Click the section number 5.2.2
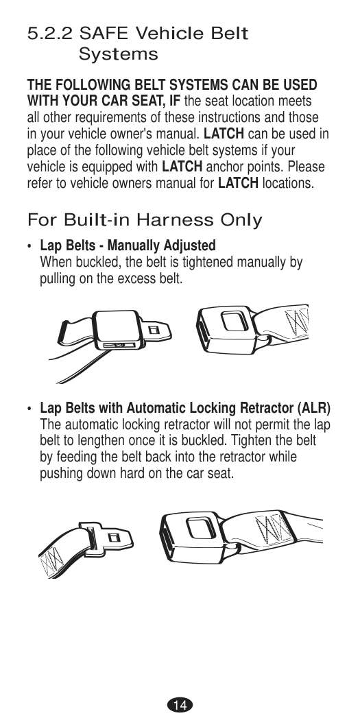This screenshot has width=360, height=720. (x=49, y=34)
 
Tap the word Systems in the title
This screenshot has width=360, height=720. (x=118, y=54)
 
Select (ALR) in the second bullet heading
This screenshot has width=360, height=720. (x=314, y=408)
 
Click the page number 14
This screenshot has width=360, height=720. (x=180, y=705)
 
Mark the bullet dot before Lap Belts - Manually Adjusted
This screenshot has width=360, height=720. (x=30, y=247)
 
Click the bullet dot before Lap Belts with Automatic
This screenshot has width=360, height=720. (x=30, y=409)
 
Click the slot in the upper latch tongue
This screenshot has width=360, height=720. (x=155, y=330)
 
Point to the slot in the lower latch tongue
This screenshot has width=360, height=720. (x=114, y=538)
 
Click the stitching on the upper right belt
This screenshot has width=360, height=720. (x=297, y=321)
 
